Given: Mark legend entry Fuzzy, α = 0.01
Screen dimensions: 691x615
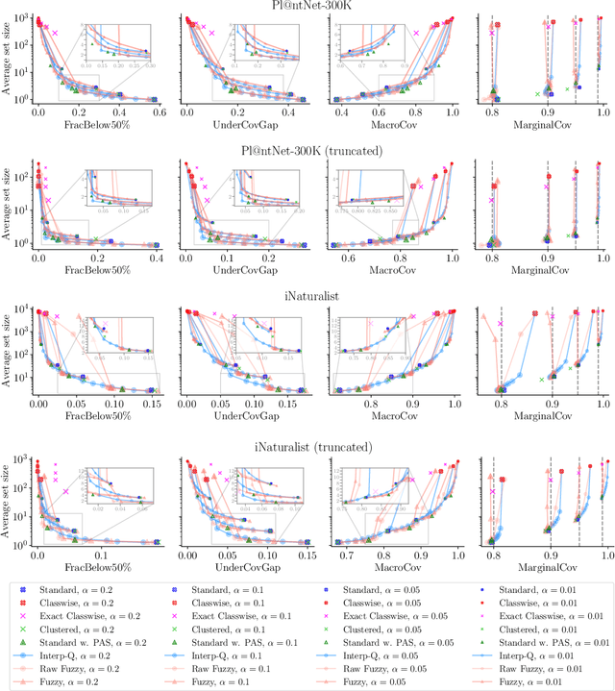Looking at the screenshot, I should click(x=538, y=682).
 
